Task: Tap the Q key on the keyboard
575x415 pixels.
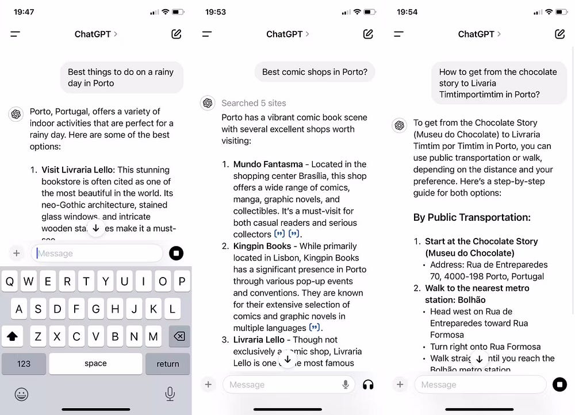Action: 10,282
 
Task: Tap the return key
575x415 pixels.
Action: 167,363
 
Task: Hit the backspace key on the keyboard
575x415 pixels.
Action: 179,336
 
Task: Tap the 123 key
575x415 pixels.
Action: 24,363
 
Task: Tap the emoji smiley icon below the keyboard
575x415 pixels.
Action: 22,394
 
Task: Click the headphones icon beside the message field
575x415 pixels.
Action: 368,385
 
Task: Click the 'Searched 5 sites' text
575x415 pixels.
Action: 254,103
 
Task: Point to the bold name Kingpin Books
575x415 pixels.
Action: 262,246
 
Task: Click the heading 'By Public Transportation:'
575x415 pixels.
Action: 471,217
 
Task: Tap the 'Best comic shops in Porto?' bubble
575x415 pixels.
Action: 315,72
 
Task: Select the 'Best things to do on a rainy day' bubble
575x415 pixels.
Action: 121,78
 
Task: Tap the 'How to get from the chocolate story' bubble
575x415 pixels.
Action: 498,83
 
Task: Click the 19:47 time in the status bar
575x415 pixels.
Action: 24,11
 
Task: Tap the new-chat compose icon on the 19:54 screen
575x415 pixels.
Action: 559,34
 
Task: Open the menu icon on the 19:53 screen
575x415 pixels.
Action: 207,34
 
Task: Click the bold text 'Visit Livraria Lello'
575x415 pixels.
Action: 78,170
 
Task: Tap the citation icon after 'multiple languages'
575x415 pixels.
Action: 315,328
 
